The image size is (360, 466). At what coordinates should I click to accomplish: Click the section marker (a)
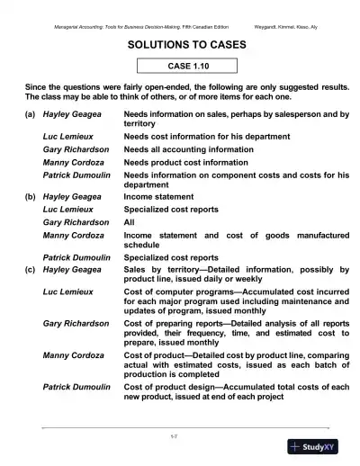[31, 116]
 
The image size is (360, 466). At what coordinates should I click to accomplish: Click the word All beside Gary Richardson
[129, 220]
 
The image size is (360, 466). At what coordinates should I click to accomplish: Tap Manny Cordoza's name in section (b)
[74, 235]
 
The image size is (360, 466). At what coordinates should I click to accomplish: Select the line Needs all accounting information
[186, 149]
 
